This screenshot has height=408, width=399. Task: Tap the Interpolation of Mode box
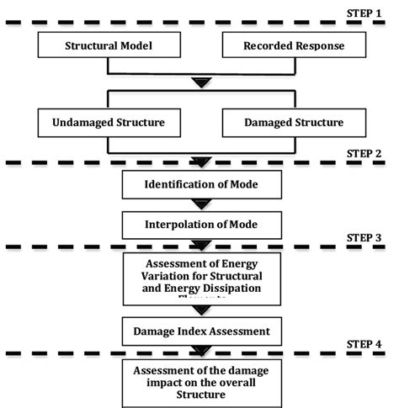[199, 225]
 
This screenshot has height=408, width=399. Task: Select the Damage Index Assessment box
[199, 331]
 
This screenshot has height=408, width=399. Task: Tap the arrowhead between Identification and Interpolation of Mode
[199, 204]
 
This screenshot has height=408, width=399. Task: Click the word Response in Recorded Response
[317, 46]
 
